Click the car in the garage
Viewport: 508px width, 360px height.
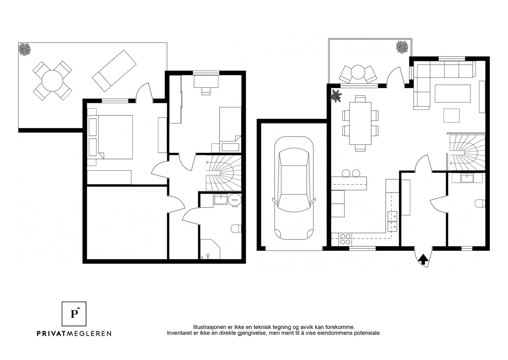(294, 188)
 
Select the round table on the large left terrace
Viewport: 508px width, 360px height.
(52, 81)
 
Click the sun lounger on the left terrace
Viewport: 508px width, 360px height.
(114, 71)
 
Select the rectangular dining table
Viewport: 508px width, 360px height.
(360, 124)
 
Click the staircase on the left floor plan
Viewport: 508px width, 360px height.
(224, 173)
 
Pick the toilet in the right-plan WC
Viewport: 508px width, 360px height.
(480, 203)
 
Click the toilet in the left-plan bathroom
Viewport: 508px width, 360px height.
(236, 228)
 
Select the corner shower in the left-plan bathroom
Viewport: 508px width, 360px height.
(210, 249)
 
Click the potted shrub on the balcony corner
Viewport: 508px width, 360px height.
(402, 47)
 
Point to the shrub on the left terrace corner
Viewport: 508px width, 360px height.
(24, 49)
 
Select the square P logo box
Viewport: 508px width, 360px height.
(74, 314)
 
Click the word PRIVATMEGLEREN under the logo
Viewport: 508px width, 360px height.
(74, 333)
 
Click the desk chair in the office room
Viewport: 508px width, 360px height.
(206, 91)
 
